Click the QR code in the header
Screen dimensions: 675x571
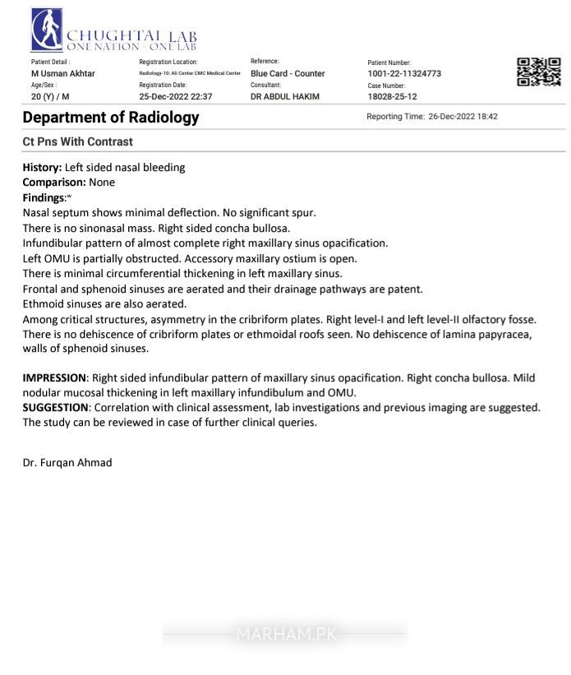tap(539, 72)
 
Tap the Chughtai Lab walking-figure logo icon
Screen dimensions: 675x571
tap(47, 30)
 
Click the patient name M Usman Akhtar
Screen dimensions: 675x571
tap(63, 74)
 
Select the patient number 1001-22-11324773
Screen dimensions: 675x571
tap(404, 74)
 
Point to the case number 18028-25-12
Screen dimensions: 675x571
tap(393, 97)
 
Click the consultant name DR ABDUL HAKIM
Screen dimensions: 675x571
tap(285, 97)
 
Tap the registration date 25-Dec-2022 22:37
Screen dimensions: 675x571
tap(176, 97)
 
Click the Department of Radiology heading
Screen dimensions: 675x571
tap(111, 118)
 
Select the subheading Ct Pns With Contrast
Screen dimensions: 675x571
tap(78, 142)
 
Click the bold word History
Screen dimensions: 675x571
tap(41, 168)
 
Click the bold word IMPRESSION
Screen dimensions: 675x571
tap(54, 378)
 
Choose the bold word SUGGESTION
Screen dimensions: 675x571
tap(55, 408)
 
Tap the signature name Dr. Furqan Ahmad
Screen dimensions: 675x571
tap(67, 463)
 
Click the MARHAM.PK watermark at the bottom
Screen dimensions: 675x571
tap(285, 634)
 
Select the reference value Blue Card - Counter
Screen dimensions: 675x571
tap(288, 74)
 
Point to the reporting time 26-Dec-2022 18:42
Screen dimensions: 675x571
tap(463, 117)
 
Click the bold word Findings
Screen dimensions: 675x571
tap(44, 198)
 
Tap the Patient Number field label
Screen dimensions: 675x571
tap(389, 62)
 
